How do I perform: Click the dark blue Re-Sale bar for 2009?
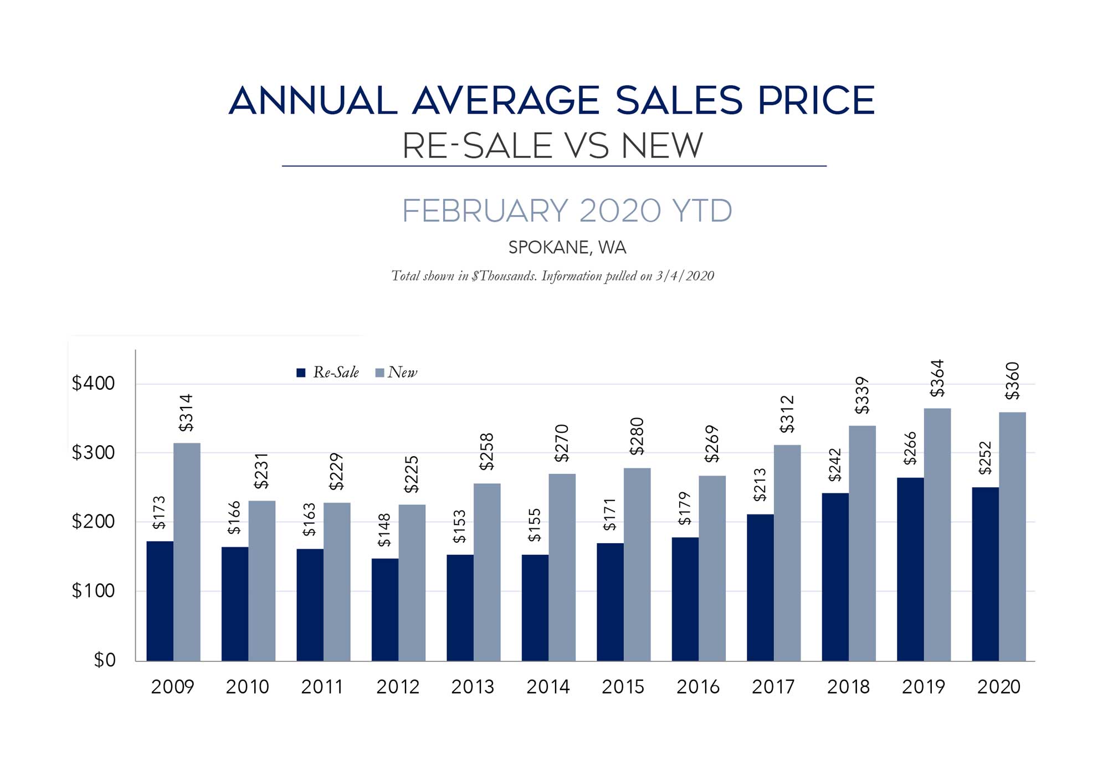point(160,601)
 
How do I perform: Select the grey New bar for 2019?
point(937,534)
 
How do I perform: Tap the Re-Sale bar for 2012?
point(385,610)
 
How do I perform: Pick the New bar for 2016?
point(712,568)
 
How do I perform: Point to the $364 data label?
point(937,379)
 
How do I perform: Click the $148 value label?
point(384,530)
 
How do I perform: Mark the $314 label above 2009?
point(186,413)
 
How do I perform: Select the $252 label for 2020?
point(985,458)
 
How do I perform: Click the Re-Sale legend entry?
point(328,373)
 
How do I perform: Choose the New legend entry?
point(396,373)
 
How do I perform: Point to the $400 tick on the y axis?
point(93,383)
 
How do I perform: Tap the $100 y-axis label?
point(93,591)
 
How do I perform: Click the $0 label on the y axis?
point(104,660)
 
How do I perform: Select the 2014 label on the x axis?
point(548,687)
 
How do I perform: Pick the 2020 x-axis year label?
point(998,687)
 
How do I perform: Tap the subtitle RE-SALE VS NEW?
point(552,146)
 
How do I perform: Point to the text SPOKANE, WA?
point(567,247)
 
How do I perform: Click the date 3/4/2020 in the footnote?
point(685,276)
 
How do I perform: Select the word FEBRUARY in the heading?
point(485,211)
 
